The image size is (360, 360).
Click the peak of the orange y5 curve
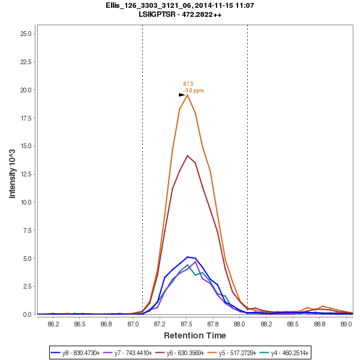coord(188,95)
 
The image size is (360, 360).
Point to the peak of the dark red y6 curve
coord(188,155)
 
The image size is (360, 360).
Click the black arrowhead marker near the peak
coord(182,95)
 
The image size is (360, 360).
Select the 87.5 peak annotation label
coord(188,84)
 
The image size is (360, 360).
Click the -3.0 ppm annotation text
coord(193,91)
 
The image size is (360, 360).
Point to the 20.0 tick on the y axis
coord(26,90)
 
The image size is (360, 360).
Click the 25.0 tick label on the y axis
coord(26,34)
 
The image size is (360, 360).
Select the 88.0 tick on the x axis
coord(239,324)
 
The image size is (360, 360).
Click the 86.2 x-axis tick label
coord(53,324)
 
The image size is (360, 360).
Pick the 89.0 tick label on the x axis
coord(346,324)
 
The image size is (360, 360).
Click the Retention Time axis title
coord(194,335)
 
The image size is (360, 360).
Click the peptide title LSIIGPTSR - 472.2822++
coord(180,14)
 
